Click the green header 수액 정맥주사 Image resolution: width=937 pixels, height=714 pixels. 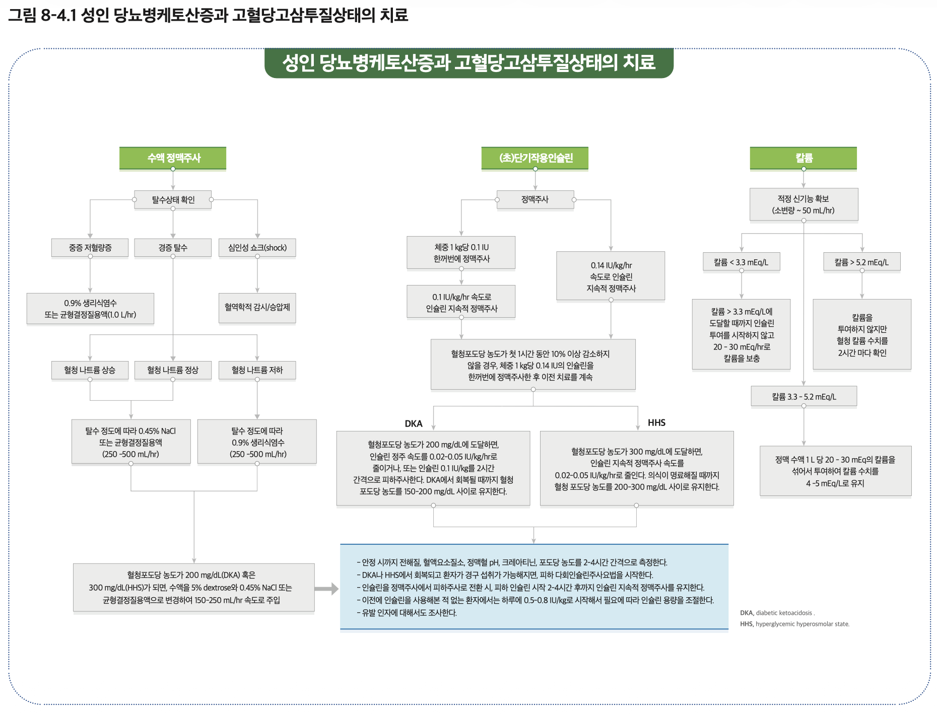coord(173,158)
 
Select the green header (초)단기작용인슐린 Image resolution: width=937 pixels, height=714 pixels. coord(535,158)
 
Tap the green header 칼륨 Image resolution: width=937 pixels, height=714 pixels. coord(804,158)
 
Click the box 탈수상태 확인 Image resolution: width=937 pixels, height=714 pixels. coord(173,200)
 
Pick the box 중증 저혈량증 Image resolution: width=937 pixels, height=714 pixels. coord(90,248)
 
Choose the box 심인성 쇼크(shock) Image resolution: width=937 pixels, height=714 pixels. coord(257,248)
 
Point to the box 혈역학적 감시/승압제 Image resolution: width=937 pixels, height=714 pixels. coord(257,307)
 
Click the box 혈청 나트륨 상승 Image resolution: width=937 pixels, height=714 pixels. coord(90,370)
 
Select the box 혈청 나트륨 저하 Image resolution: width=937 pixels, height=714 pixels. coord(257,370)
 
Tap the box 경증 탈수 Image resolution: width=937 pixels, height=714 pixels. coord(173,248)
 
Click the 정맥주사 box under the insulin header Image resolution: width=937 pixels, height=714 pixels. coord(535,200)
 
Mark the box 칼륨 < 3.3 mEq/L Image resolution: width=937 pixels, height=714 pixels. coord(741,262)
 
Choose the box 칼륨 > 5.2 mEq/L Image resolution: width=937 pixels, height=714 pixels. coord(861,262)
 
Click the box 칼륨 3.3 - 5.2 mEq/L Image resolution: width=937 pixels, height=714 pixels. coord(804,397)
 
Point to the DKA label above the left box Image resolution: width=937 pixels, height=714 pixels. coord(414,423)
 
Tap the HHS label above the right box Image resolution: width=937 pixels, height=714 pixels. coord(656,422)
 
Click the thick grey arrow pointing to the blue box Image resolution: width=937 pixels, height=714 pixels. coord(326,589)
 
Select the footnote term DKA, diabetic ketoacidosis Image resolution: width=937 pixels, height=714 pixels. coord(777,613)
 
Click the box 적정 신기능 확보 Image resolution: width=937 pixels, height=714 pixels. coord(804,204)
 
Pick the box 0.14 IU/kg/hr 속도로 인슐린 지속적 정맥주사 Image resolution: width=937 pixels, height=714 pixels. coord(611,276)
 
